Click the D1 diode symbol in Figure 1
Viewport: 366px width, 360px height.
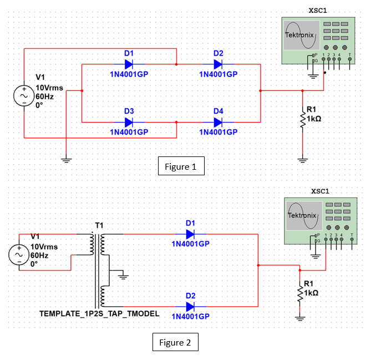click(x=129, y=64)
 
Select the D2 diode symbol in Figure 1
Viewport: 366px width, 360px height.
click(x=218, y=64)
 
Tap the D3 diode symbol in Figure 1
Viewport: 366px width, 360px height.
click(x=129, y=122)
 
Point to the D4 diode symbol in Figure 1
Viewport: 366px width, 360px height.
click(x=218, y=122)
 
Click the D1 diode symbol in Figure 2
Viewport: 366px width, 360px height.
click(x=190, y=234)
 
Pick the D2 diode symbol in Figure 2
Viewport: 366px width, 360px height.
click(x=190, y=306)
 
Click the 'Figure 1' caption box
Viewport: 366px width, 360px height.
click(x=181, y=166)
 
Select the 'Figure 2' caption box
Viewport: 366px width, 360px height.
click(x=175, y=343)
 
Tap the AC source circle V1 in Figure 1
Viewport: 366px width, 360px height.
click(x=24, y=95)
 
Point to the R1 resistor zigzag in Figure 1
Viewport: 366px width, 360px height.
click(x=303, y=120)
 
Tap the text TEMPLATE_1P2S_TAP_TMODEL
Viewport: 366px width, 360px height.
click(x=99, y=313)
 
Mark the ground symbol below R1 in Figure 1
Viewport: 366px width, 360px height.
click(x=302, y=160)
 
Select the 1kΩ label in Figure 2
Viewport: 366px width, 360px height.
click(x=311, y=292)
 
